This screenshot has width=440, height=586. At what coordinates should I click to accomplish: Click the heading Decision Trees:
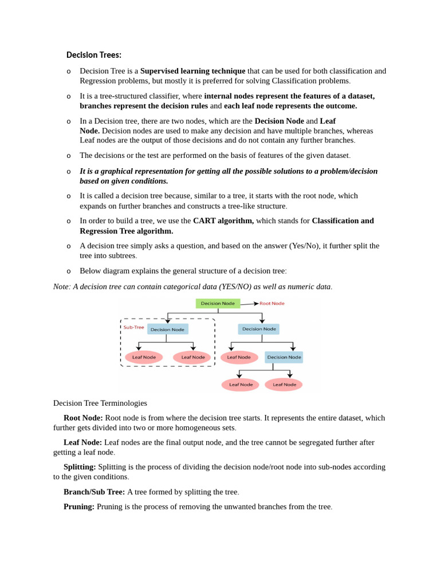pyautogui.click(x=93, y=55)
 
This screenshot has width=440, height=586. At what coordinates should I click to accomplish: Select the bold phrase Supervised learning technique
pyautogui.click(x=192, y=71)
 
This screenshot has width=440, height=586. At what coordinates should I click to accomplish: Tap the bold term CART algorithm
pyautogui.click(x=223, y=221)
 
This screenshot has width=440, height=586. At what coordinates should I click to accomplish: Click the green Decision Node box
pyautogui.click(x=218, y=303)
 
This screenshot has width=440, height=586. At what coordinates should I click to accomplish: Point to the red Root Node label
pyautogui.click(x=272, y=303)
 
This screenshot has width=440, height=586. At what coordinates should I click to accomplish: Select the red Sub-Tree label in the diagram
pyautogui.click(x=133, y=327)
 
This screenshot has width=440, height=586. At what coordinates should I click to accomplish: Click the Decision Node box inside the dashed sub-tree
pyautogui.click(x=167, y=330)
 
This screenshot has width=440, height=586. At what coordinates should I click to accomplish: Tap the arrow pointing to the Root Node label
pyautogui.click(x=249, y=304)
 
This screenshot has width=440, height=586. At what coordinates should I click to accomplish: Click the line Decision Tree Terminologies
pyautogui.click(x=100, y=403)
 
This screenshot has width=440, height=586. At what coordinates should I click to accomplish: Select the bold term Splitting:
pyautogui.click(x=80, y=467)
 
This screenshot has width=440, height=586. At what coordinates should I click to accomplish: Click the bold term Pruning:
pyautogui.click(x=79, y=506)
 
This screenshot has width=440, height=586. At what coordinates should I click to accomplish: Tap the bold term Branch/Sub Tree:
pyautogui.click(x=94, y=492)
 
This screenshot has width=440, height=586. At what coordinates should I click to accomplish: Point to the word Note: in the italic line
pyautogui.click(x=62, y=286)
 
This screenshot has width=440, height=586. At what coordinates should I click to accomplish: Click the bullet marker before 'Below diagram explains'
pyautogui.click(x=69, y=271)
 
